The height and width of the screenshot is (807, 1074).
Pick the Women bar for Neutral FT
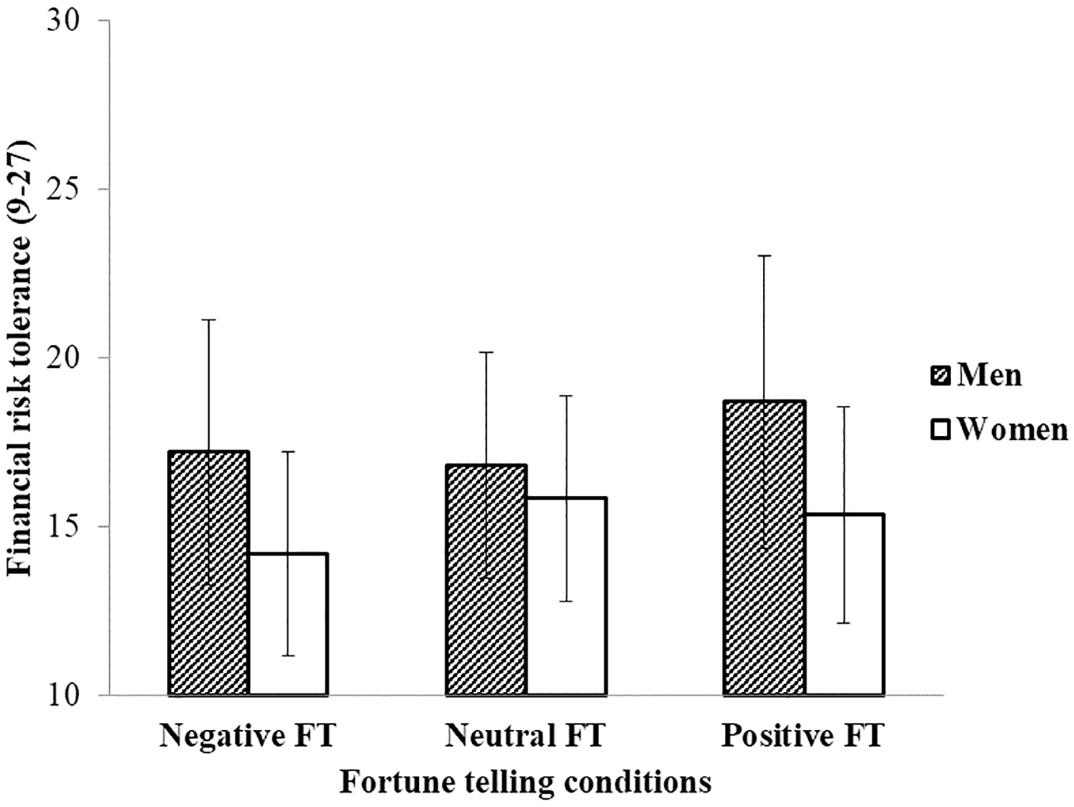click(566, 596)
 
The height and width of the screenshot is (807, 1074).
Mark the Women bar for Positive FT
click(844, 604)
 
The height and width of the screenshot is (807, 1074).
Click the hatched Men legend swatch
click(940, 375)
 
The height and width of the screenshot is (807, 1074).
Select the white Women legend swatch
click(940, 430)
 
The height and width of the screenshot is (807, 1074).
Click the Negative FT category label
click(248, 736)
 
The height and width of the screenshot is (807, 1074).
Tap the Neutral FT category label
click(525, 736)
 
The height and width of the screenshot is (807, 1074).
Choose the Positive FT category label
click(803, 736)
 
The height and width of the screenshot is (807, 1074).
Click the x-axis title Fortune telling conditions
click(525, 782)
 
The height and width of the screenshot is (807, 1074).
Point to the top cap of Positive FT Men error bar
click(764, 255)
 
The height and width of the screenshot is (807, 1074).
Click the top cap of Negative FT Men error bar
click(208, 319)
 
